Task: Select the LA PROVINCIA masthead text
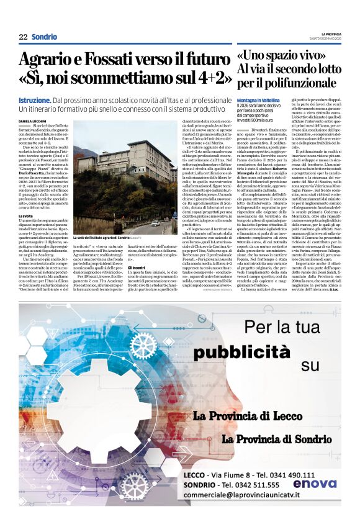pyautogui.click(x=330, y=34)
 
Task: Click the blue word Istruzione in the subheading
pyautogui.click(x=35, y=100)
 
